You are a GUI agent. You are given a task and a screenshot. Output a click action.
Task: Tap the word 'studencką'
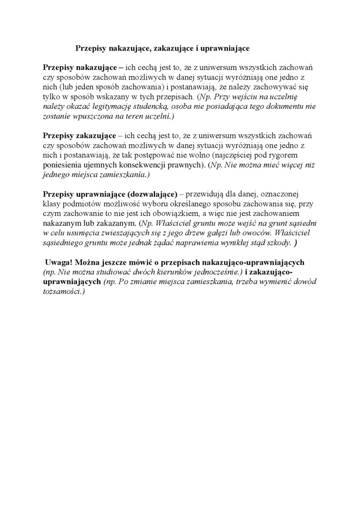[x=157, y=107]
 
